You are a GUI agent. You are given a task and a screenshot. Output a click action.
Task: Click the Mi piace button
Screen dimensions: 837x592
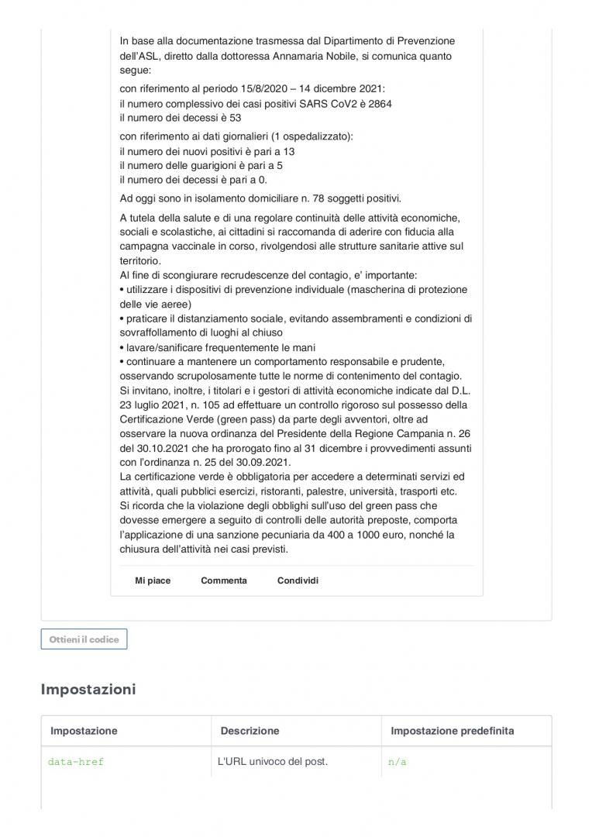point(153,580)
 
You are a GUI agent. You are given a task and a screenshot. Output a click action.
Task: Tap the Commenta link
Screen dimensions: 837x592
point(224,580)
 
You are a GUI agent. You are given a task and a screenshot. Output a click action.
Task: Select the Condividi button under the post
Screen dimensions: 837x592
point(298,580)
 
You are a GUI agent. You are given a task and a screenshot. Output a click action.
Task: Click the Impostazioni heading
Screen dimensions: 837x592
point(88,689)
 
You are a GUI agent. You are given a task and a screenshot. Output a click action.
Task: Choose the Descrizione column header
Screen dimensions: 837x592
point(250,731)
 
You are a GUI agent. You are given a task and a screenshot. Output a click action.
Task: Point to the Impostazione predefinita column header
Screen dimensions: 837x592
point(452,731)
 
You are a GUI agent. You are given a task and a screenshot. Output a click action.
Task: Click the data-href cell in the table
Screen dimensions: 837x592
point(76,762)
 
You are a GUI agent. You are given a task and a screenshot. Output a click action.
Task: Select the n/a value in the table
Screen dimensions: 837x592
point(398,762)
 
